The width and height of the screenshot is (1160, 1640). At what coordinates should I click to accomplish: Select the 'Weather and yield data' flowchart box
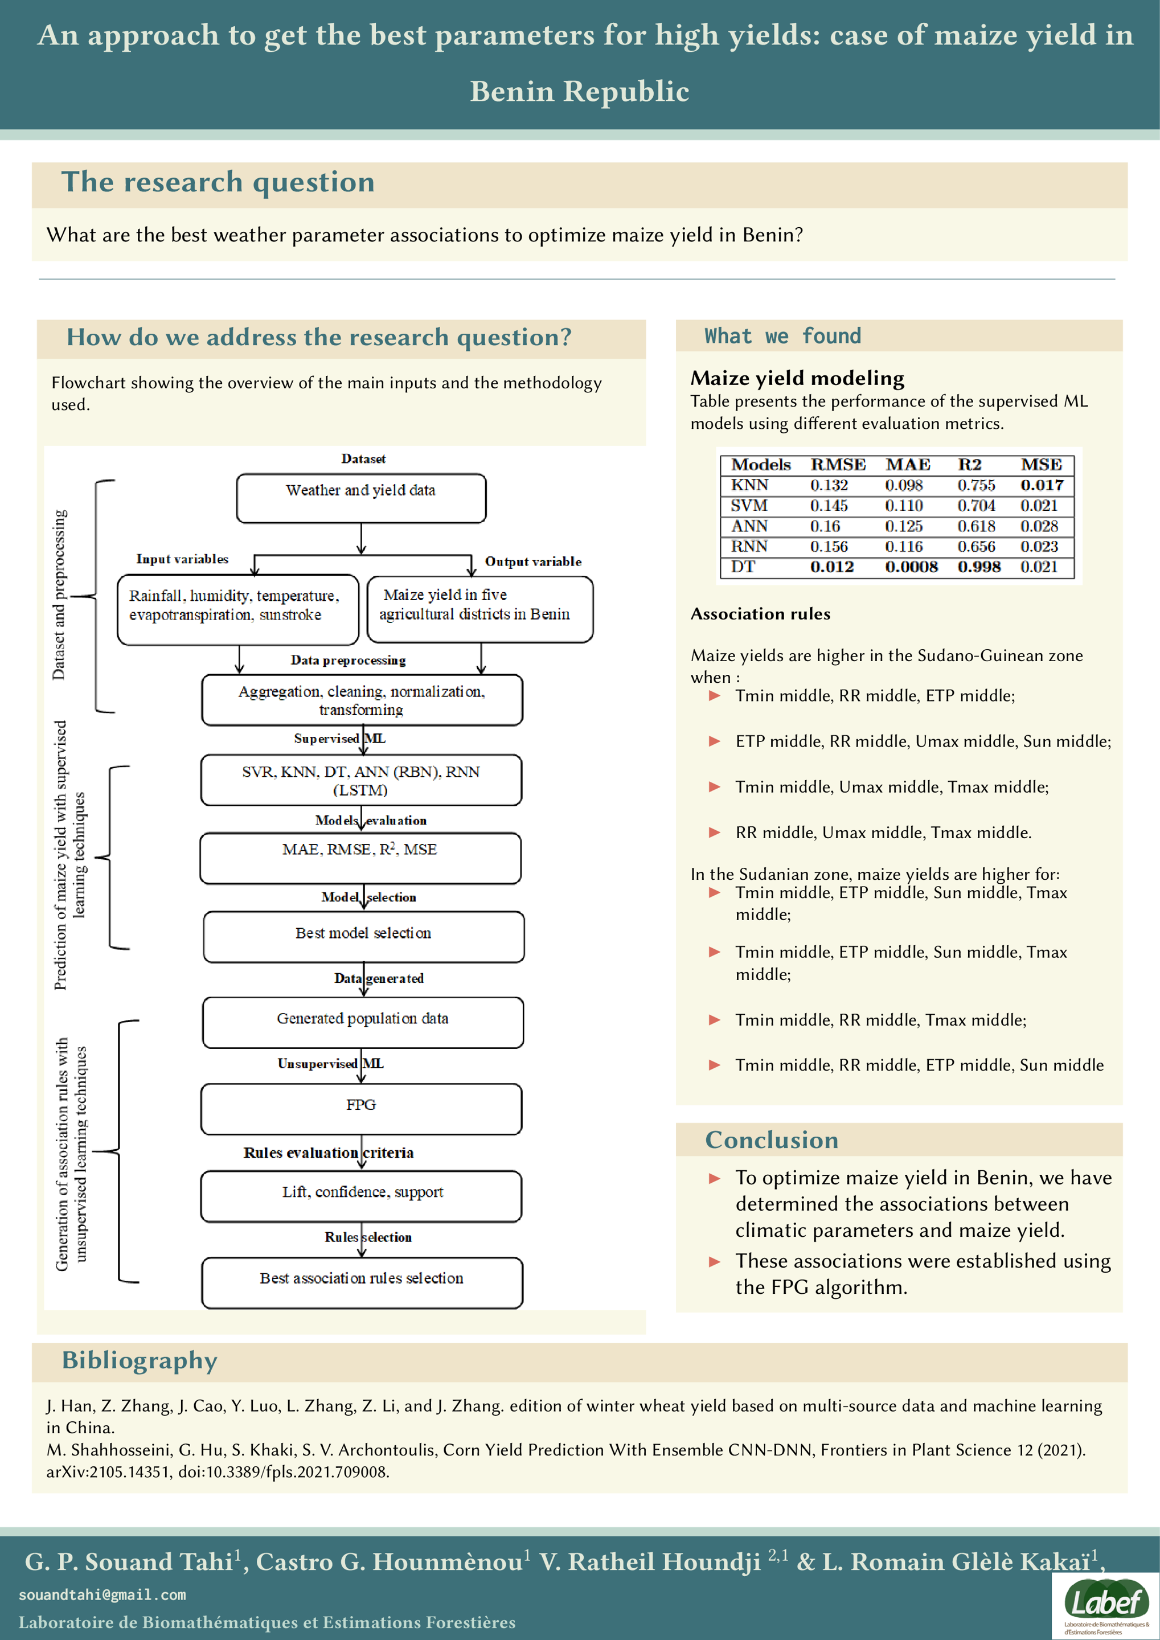coord(360,498)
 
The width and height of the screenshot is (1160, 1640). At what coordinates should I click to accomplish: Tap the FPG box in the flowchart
coord(360,1109)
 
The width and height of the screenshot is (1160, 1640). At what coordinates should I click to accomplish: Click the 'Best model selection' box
coord(363,936)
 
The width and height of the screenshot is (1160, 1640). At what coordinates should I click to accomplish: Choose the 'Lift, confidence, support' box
coord(360,1196)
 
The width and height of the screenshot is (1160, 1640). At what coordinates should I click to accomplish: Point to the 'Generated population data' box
coord(363,1022)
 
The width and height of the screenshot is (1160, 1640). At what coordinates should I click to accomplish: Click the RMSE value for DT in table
coord(831,567)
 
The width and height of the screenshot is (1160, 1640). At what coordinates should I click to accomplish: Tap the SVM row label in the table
coord(749,506)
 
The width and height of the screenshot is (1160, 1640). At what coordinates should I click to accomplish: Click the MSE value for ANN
coord(1039,526)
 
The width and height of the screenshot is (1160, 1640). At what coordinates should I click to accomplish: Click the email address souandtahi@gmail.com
coord(102,1595)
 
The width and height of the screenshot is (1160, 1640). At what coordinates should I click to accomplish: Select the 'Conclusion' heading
coord(772,1140)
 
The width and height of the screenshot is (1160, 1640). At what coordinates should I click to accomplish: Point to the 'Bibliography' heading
coord(140,1360)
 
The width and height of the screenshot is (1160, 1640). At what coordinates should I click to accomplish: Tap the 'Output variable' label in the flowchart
coord(533,561)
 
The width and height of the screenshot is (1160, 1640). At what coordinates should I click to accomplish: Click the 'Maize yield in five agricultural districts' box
coord(479,609)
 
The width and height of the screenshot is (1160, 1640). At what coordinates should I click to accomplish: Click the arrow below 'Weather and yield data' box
coord(362,539)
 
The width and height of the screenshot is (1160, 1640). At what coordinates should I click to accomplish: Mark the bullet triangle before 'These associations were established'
coord(714,1262)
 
